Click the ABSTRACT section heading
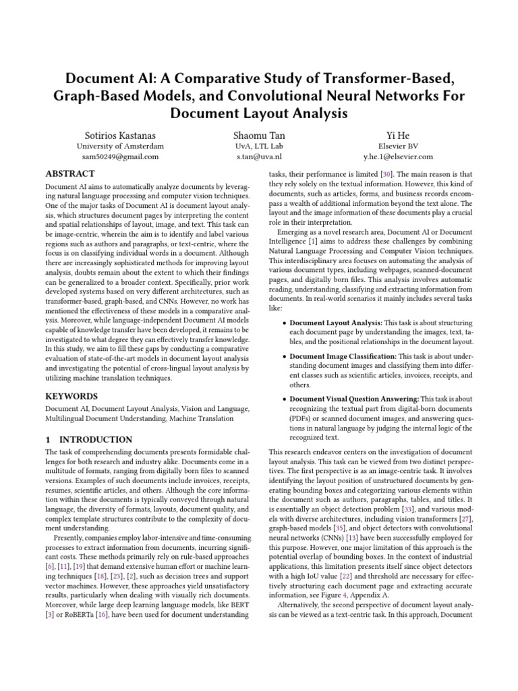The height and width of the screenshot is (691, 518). click(71, 173)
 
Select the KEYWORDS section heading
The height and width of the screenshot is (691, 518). click(72, 396)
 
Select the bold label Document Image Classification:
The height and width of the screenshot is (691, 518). click(343, 355)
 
